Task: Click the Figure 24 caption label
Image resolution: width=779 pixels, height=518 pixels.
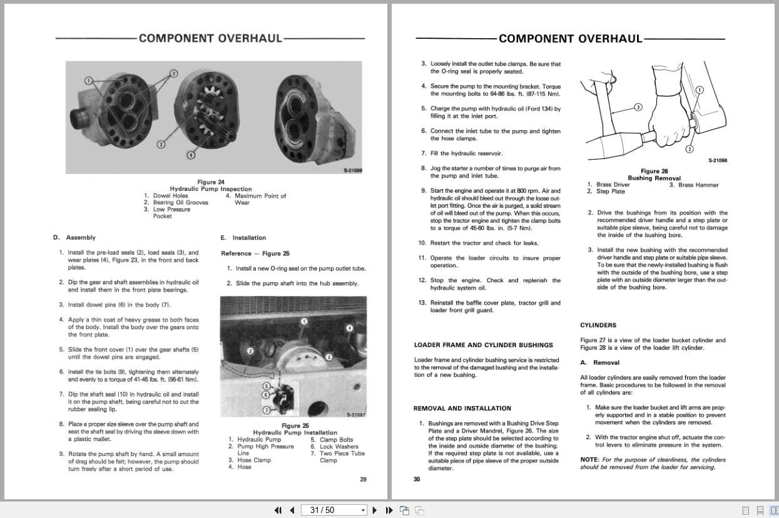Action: (211, 182)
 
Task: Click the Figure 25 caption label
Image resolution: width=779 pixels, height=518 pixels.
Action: (295, 426)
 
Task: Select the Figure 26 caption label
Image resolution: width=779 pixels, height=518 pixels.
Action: (654, 171)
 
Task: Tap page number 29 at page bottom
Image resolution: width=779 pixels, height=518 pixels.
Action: (363, 480)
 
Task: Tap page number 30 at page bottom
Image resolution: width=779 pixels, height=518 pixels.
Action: (417, 480)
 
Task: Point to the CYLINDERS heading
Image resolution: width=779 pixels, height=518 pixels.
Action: (598, 325)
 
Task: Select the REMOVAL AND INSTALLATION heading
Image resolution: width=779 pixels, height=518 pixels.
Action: (462, 409)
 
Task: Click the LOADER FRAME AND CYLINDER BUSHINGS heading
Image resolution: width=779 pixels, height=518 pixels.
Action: (483, 345)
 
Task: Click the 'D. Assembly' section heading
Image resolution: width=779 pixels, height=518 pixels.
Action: (74, 238)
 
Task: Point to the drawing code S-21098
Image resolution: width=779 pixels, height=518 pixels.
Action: (717, 161)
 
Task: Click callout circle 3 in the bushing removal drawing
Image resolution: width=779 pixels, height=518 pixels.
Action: (638, 107)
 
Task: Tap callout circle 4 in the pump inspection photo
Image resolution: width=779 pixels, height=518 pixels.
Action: (191, 155)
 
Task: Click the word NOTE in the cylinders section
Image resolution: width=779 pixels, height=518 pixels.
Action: (590, 460)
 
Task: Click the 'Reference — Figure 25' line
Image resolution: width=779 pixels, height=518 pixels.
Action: (255, 253)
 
